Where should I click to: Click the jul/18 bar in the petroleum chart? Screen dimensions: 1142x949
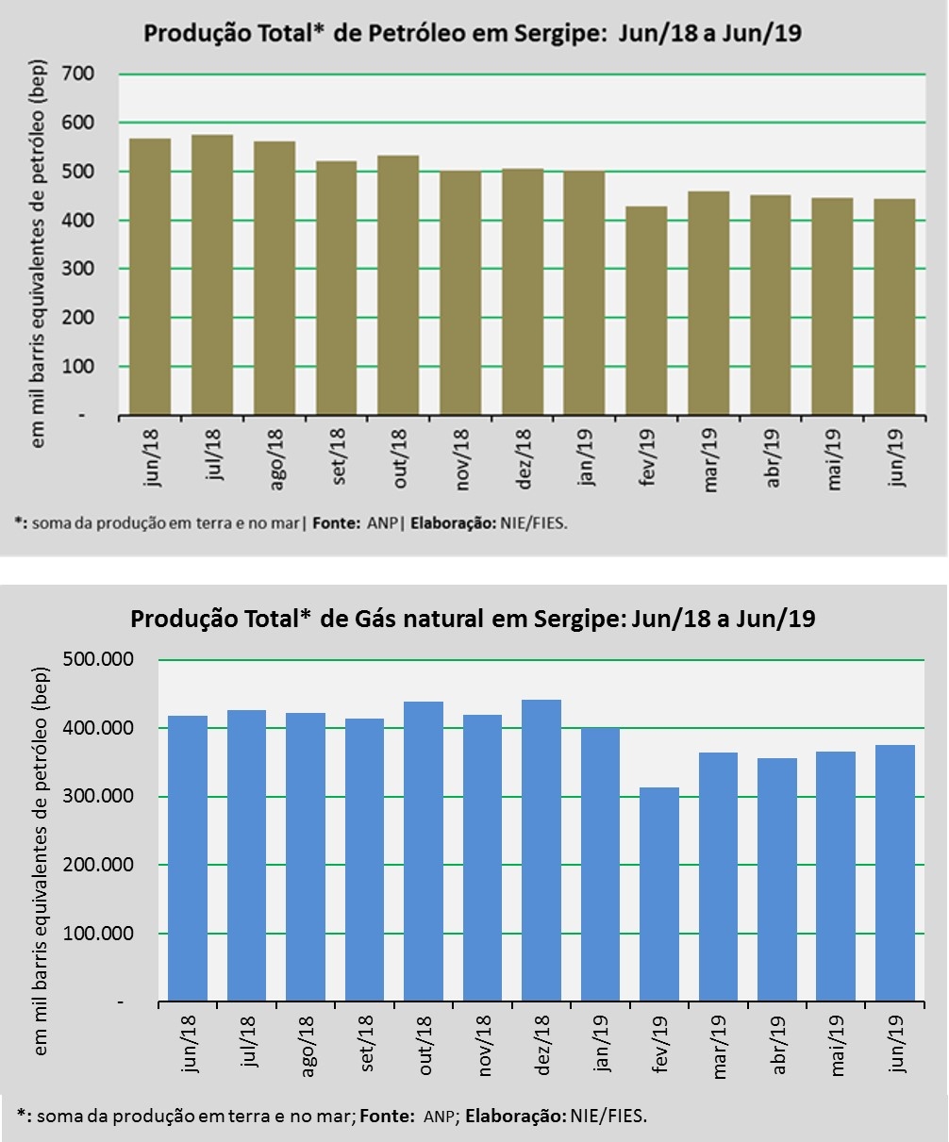[212, 274]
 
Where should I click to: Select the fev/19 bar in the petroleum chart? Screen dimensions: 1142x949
[645, 310]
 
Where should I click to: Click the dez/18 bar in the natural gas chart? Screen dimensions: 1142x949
[541, 850]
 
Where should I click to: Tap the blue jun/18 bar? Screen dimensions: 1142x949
[188, 858]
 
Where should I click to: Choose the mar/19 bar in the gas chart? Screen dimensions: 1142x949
[718, 876]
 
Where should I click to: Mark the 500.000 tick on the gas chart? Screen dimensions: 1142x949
[98, 660]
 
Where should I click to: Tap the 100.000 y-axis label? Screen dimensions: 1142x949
[98, 934]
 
